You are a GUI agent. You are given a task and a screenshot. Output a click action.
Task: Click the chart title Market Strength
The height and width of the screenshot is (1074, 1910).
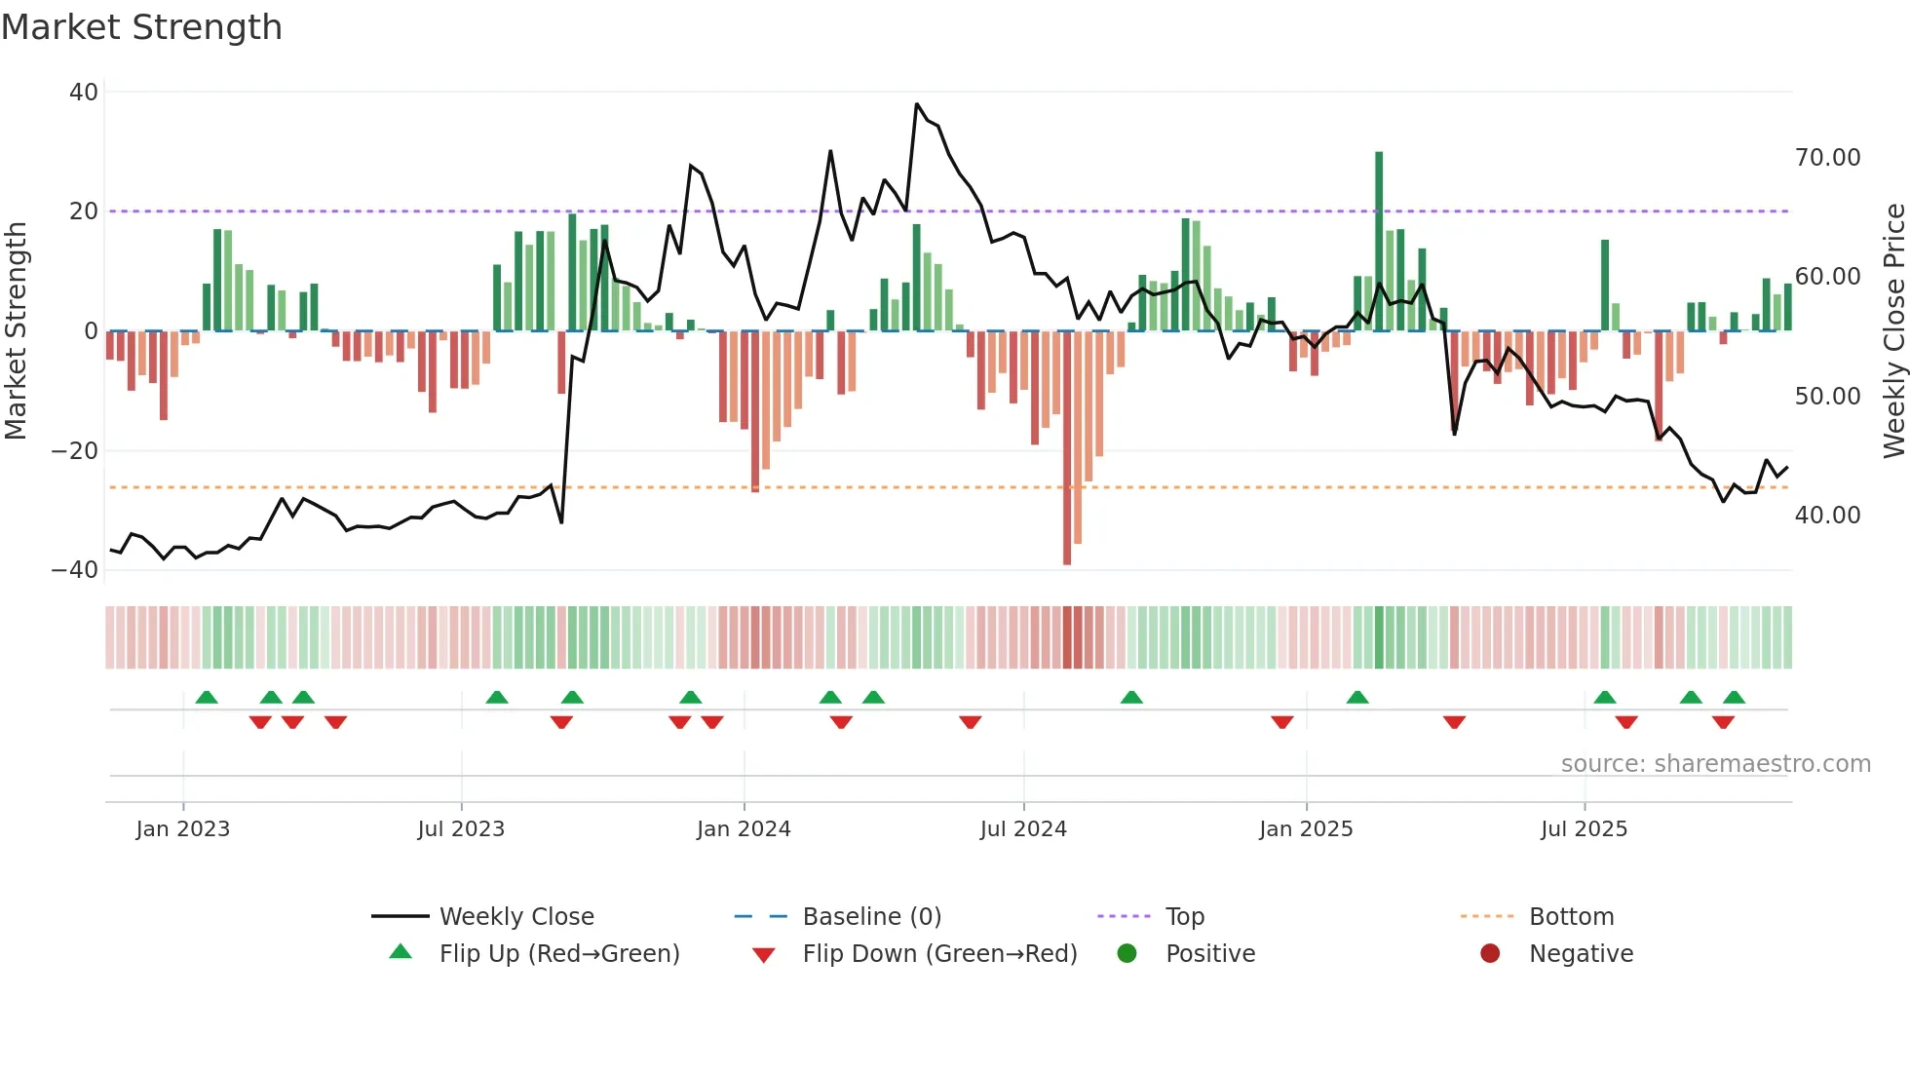pyautogui.click(x=141, y=27)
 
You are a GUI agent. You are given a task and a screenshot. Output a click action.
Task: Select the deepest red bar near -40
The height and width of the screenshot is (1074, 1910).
pyautogui.click(x=1067, y=448)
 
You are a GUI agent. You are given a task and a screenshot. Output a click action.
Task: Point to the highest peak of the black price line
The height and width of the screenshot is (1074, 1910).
pyautogui.click(x=917, y=104)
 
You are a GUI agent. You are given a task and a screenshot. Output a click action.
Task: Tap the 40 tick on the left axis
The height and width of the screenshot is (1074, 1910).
pyautogui.click(x=84, y=93)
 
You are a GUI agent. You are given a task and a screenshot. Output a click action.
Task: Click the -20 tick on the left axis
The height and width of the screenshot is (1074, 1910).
pyautogui.click(x=76, y=450)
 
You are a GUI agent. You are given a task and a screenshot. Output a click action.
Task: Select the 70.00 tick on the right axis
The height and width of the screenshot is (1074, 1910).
pyautogui.click(x=1827, y=158)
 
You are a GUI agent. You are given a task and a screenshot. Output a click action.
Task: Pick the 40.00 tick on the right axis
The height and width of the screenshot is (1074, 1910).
pyautogui.click(x=1827, y=515)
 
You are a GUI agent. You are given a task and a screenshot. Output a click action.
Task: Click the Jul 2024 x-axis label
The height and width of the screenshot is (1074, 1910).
pyautogui.click(x=1023, y=829)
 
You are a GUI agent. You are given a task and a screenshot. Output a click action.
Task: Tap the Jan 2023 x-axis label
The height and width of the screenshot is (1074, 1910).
pyautogui.click(x=183, y=829)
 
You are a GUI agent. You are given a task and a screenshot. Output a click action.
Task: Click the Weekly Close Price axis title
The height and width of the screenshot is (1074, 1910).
pyautogui.click(x=1893, y=331)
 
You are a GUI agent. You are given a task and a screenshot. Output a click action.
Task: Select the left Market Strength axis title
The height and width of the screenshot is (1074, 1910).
pyautogui.click(x=16, y=331)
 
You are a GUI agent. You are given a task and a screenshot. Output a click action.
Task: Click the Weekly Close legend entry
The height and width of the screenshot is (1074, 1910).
pyautogui.click(x=516, y=917)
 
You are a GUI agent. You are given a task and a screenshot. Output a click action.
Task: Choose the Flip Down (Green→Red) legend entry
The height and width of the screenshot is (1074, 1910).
pyautogui.click(x=939, y=954)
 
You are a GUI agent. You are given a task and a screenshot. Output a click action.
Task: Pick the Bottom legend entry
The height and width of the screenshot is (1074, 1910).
pyautogui.click(x=1571, y=917)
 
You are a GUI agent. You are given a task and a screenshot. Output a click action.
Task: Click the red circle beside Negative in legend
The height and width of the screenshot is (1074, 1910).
pyautogui.click(x=1490, y=954)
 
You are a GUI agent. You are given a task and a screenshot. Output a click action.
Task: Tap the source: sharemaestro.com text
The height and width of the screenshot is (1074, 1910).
pyautogui.click(x=1715, y=764)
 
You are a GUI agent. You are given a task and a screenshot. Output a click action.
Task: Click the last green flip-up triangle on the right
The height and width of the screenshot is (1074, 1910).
pyautogui.click(x=1734, y=698)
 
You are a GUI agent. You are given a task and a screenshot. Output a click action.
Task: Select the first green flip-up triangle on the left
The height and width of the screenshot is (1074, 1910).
pyautogui.click(x=207, y=698)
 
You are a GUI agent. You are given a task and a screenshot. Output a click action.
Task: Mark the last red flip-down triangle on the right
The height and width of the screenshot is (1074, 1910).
pyautogui.click(x=1723, y=722)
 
